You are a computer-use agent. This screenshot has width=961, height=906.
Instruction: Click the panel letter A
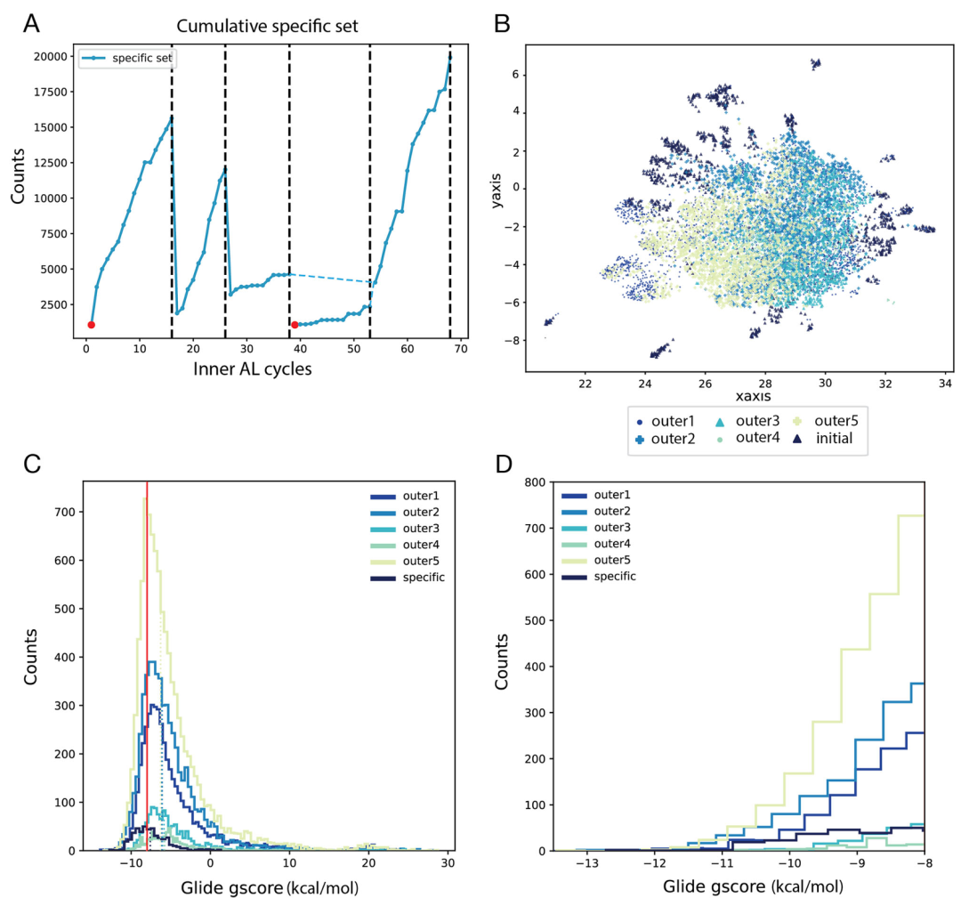(x=32, y=24)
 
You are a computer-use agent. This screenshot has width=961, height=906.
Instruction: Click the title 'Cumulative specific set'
(x=267, y=27)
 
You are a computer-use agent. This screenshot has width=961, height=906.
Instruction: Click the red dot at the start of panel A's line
(x=91, y=325)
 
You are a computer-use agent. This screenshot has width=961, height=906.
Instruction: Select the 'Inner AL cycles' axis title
(x=252, y=368)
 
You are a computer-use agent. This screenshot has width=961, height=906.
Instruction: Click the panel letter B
(x=502, y=24)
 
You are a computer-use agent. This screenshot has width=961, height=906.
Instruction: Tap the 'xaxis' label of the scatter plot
(x=749, y=394)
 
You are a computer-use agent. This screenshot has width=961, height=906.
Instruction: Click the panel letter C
(x=32, y=464)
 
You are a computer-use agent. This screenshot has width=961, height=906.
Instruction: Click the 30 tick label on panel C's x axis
(x=448, y=862)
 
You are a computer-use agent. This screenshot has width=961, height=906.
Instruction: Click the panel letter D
(x=502, y=464)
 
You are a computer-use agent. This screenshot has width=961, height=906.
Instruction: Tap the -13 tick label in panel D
(x=585, y=862)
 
